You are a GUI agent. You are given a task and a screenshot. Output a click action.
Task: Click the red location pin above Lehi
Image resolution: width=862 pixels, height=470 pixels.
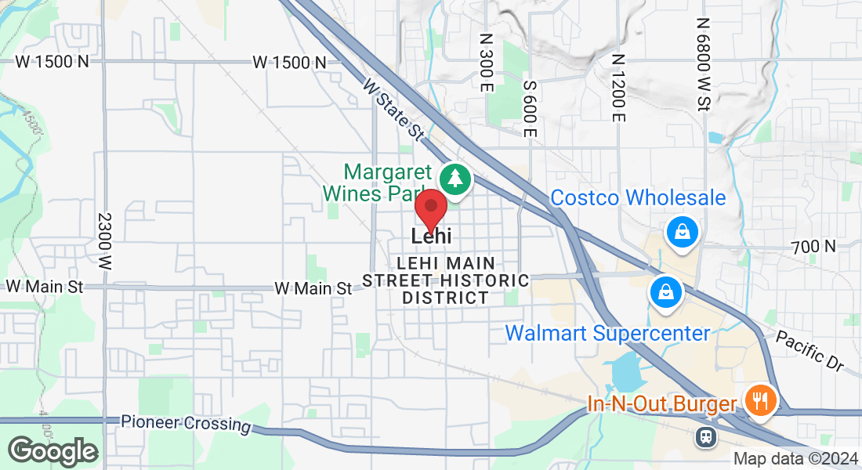[430, 208]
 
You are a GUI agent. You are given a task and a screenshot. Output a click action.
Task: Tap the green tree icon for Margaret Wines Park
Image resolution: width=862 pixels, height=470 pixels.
[455, 178]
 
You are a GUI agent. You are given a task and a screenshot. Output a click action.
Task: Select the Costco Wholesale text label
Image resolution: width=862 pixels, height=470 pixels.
[638, 197]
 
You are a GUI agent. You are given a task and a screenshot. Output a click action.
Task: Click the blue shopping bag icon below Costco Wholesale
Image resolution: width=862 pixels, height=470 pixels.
[683, 232]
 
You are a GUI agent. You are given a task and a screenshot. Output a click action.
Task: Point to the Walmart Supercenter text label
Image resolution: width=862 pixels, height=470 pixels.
[607, 333]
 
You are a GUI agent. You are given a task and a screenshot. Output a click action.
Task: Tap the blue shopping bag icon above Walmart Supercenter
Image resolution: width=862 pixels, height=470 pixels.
[665, 292]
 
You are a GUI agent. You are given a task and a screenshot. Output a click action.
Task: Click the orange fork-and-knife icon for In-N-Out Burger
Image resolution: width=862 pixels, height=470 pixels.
[759, 400]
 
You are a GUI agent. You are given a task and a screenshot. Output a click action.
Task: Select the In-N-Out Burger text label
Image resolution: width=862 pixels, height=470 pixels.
[662, 404]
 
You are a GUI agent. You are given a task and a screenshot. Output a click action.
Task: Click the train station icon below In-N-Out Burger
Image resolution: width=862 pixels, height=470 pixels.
[708, 436]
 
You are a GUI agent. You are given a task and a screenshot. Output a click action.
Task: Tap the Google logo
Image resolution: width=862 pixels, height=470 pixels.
[53, 451]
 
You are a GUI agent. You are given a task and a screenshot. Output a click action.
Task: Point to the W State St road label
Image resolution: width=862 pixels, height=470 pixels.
[393, 108]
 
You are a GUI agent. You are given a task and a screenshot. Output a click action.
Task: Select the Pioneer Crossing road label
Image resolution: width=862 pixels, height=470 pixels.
[186, 423]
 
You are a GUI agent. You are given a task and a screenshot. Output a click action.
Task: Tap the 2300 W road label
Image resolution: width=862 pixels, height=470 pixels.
[106, 243]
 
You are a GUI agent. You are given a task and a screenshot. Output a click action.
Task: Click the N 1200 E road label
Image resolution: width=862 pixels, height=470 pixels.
[618, 88]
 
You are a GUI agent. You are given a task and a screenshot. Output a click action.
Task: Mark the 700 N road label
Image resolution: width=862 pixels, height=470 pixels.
[813, 247]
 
